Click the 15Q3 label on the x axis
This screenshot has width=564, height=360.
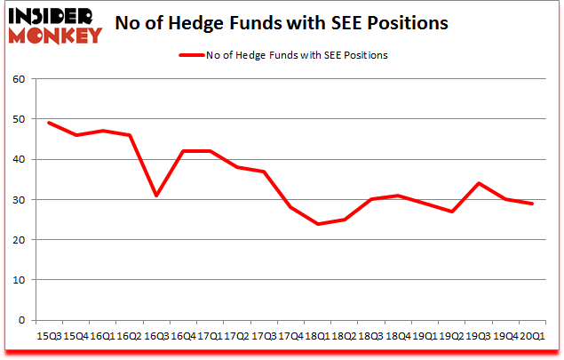coord(49,335)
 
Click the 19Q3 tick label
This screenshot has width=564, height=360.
coord(481,335)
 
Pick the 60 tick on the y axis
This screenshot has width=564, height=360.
coord(20,79)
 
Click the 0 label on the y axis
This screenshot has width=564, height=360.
coord(23,320)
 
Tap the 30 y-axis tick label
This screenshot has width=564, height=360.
coord(20,200)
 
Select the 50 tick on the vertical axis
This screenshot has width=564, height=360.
coord(20,119)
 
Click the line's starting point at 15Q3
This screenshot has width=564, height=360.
coord(49,123)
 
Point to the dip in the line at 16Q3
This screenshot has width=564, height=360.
coord(157,196)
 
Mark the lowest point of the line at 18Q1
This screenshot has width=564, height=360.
coord(318,223)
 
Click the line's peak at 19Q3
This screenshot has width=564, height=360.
coord(479,183)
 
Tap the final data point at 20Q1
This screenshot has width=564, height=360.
coord(533,204)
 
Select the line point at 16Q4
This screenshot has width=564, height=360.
coord(184,151)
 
